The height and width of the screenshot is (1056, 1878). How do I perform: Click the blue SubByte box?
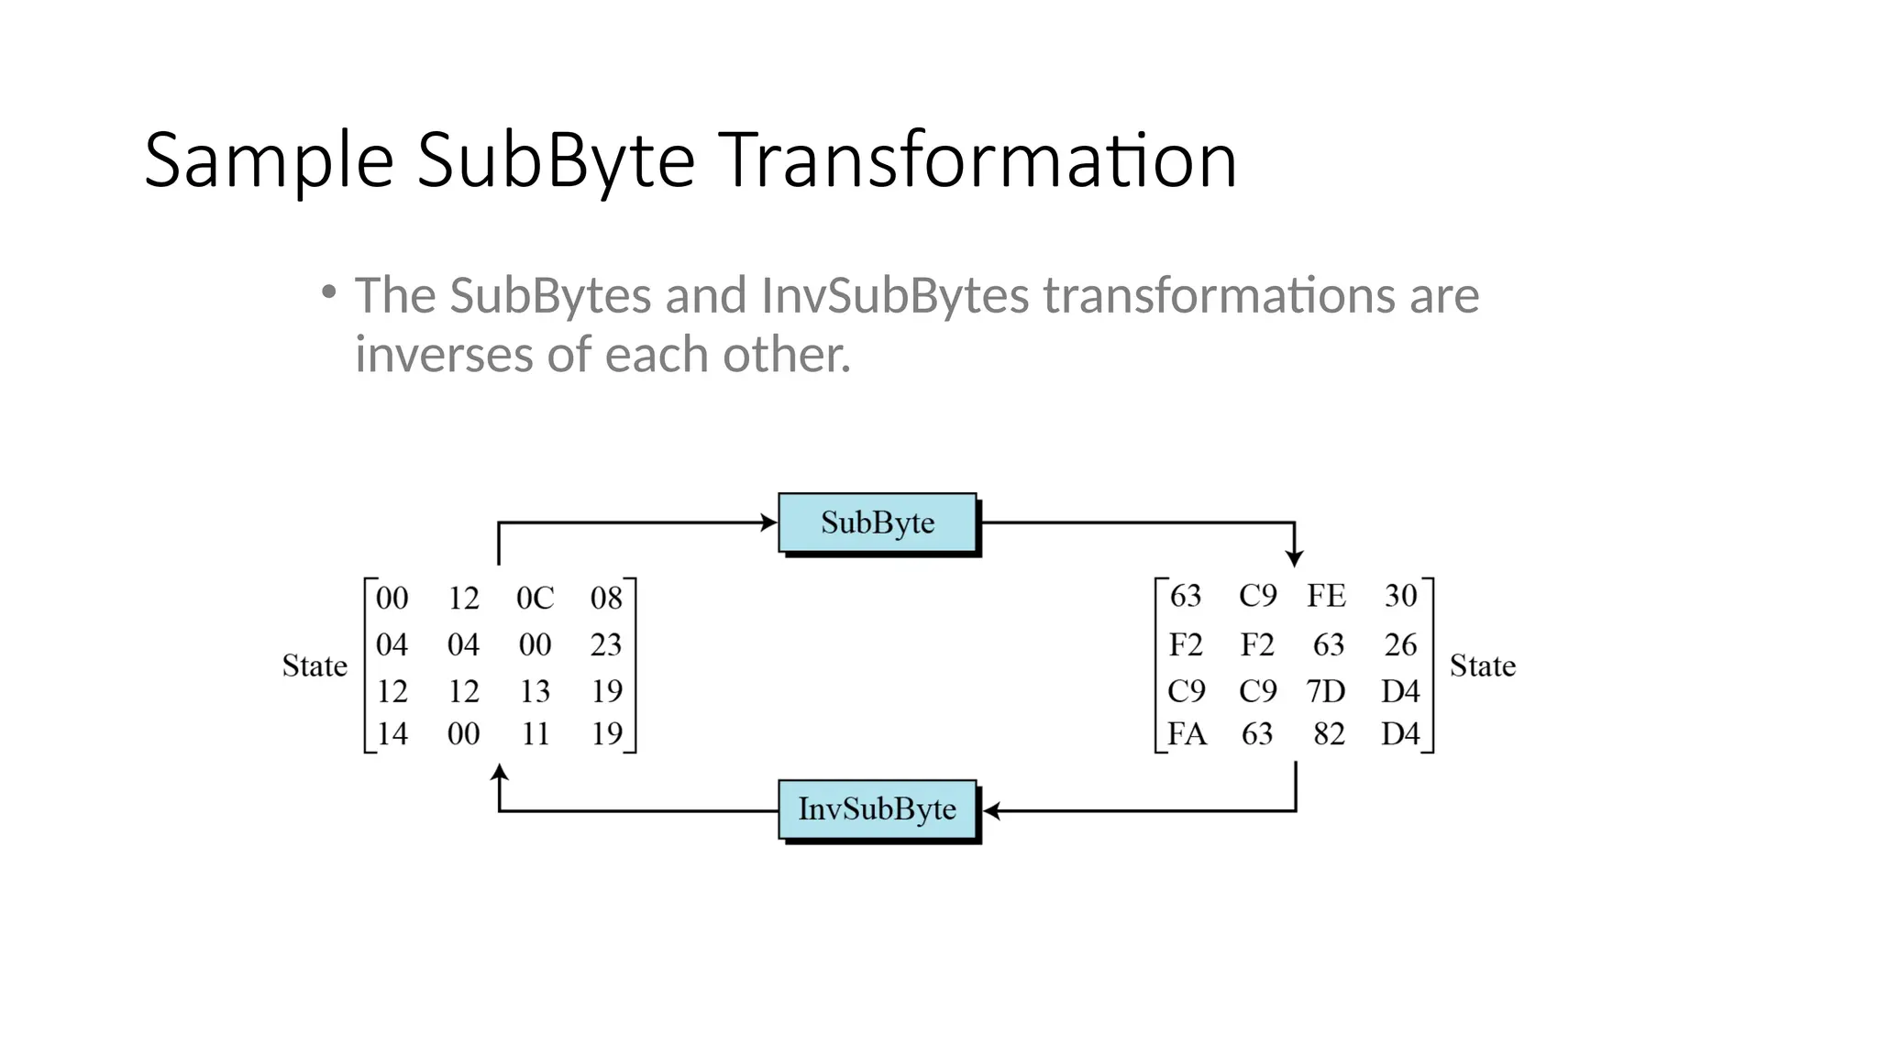(878, 523)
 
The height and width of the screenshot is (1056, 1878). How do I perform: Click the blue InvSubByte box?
(878, 809)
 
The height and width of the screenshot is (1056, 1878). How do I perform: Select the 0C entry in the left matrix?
(535, 599)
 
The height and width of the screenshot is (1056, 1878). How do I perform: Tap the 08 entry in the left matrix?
(606, 599)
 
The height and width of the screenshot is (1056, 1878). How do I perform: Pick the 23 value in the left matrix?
(606, 645)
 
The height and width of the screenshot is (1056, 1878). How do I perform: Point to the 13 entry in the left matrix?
(535, 691)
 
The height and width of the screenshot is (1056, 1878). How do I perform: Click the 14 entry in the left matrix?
(392, 734)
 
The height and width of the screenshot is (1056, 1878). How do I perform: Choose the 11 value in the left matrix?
(535, 734)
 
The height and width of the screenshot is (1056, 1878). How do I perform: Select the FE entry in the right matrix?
(1327, 597)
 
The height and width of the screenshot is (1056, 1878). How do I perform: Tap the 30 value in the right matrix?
(1400, 597)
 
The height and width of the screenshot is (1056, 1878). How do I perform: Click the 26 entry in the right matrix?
(1400, 645)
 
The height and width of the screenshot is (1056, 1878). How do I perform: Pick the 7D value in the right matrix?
(1326, 691)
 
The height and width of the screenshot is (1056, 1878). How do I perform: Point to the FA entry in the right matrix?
(1187, 734)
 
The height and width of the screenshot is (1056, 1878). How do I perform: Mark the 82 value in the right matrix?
(1329, 734)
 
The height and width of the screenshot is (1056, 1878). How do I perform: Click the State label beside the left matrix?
(315, 666)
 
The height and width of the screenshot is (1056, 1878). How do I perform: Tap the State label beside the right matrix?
(1482, 666)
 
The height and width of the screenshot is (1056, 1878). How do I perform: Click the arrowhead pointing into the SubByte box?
(769, 523)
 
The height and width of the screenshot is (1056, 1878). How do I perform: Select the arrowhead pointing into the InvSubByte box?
(991, 811)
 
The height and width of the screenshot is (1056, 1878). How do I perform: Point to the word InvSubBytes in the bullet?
(895, 296)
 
